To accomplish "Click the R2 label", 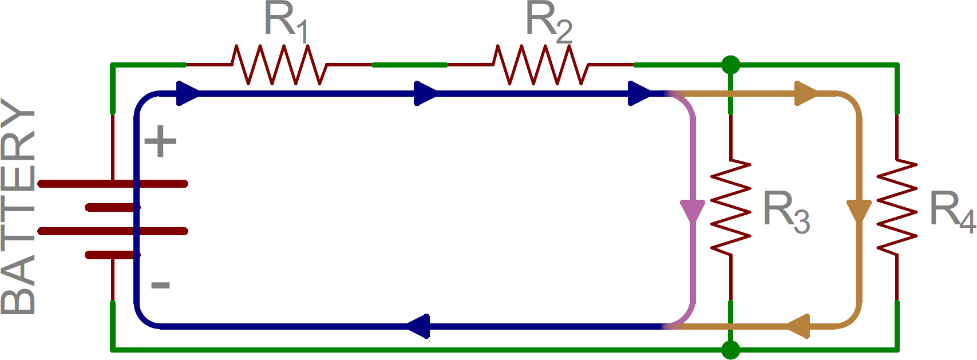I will coord(548,22).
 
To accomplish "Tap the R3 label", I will coord(786,212).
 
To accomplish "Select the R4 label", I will coord(951,212).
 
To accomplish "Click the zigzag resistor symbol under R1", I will coord(279,65).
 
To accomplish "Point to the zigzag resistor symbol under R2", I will coord(541,65).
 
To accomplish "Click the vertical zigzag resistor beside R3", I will coord(730,207).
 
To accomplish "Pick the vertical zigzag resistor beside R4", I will coord(896,207).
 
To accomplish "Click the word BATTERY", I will coord(18,206).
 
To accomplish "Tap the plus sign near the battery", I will coord(160,141).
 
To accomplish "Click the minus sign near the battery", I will coord(160,285).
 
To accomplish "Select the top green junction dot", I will coord(730,65).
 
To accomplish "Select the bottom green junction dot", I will coord(730,349).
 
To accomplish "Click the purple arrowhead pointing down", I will coord(693,210).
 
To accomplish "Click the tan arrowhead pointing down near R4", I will coord(859,210).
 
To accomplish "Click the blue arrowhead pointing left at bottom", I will coord(419,326).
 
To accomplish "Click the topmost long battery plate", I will coord(113,184).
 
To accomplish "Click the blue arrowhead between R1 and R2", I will coord(425,93).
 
